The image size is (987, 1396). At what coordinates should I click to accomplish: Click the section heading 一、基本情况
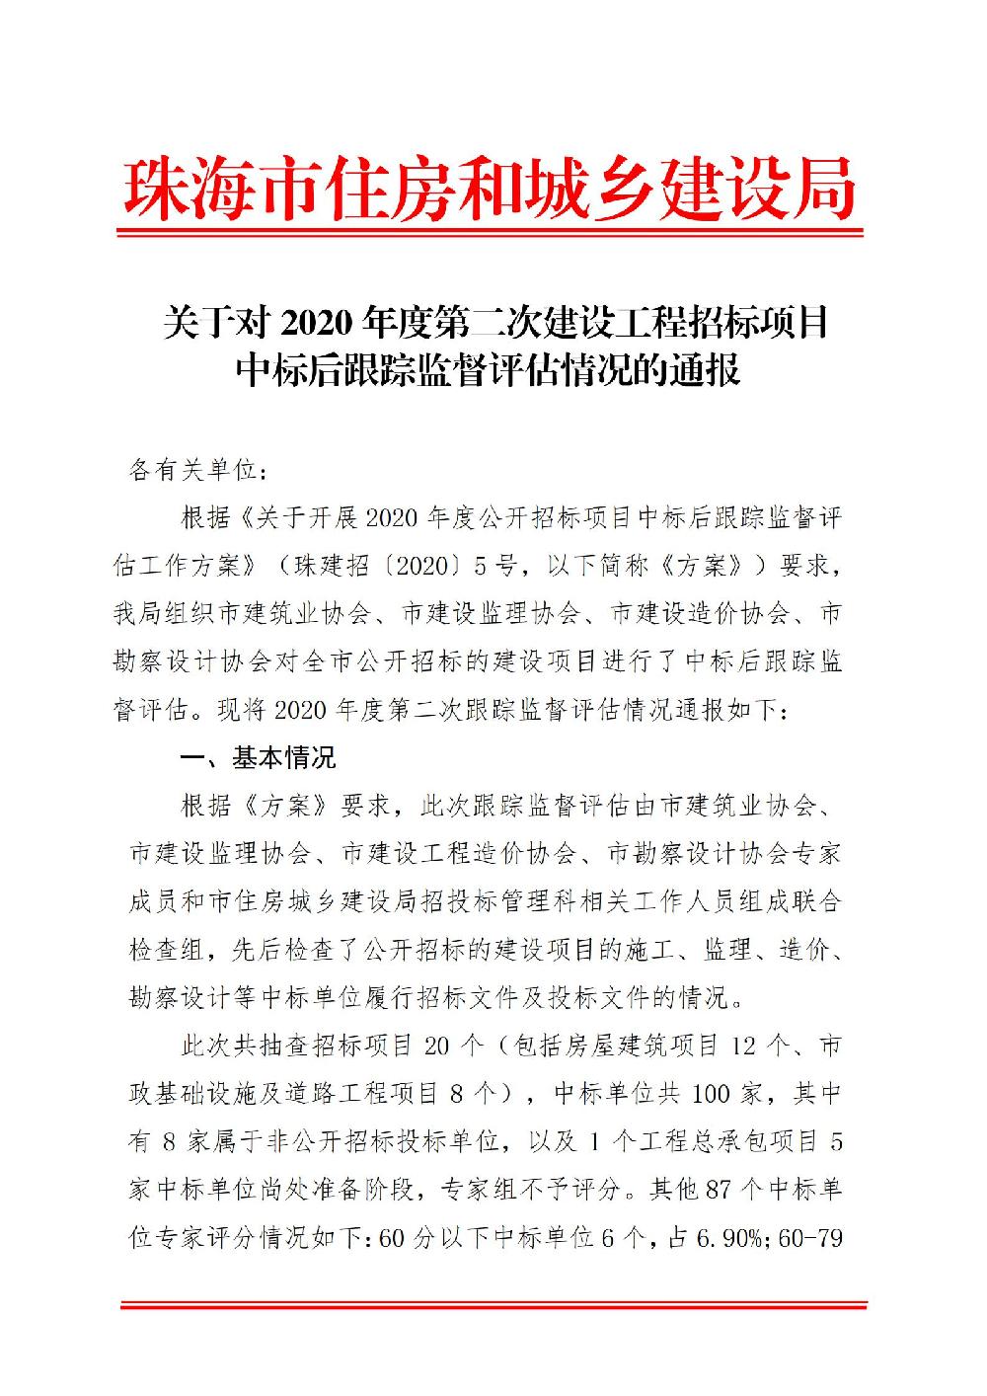[258, 758]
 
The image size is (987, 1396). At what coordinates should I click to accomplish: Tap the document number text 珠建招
[331, 567]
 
